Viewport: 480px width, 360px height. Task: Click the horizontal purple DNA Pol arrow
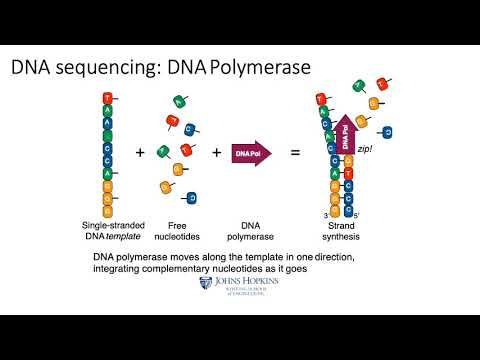coord(251,153)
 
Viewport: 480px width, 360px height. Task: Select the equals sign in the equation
coord(295,153)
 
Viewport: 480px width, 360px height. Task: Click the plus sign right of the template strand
coord(140,153)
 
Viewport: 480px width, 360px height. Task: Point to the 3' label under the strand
coord(312,214)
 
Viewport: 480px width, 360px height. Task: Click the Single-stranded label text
coord(107,226)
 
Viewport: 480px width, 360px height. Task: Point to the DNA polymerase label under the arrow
coord(250,231)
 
